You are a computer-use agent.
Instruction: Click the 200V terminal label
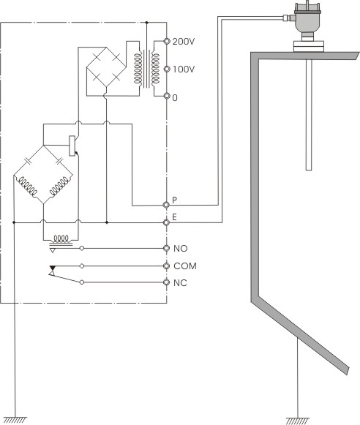point(184,42)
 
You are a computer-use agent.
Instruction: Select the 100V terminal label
point(184,69)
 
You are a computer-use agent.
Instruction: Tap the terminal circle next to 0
point(167,96)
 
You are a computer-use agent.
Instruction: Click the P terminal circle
point(166,205)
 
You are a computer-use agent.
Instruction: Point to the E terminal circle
point(166,222)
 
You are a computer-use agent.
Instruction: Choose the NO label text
point(180,249)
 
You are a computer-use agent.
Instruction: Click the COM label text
point(185,266)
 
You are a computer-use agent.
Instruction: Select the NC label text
point(180,283)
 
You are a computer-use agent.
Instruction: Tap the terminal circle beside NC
point(166,282)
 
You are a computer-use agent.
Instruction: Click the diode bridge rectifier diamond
point(107,67)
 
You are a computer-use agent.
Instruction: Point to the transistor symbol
point(73,146)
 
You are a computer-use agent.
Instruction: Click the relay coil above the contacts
point(61,238)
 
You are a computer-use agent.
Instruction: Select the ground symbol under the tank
point(298,421)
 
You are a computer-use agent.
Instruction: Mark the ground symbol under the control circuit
point(15,421)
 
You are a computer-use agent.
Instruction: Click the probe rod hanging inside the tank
point(309,115)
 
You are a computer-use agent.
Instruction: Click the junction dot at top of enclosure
point(146,23)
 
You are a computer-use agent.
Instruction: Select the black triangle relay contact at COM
point(53,268)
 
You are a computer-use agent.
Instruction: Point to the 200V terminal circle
point(167,41)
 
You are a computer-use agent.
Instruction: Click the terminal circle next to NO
point(166,248)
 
